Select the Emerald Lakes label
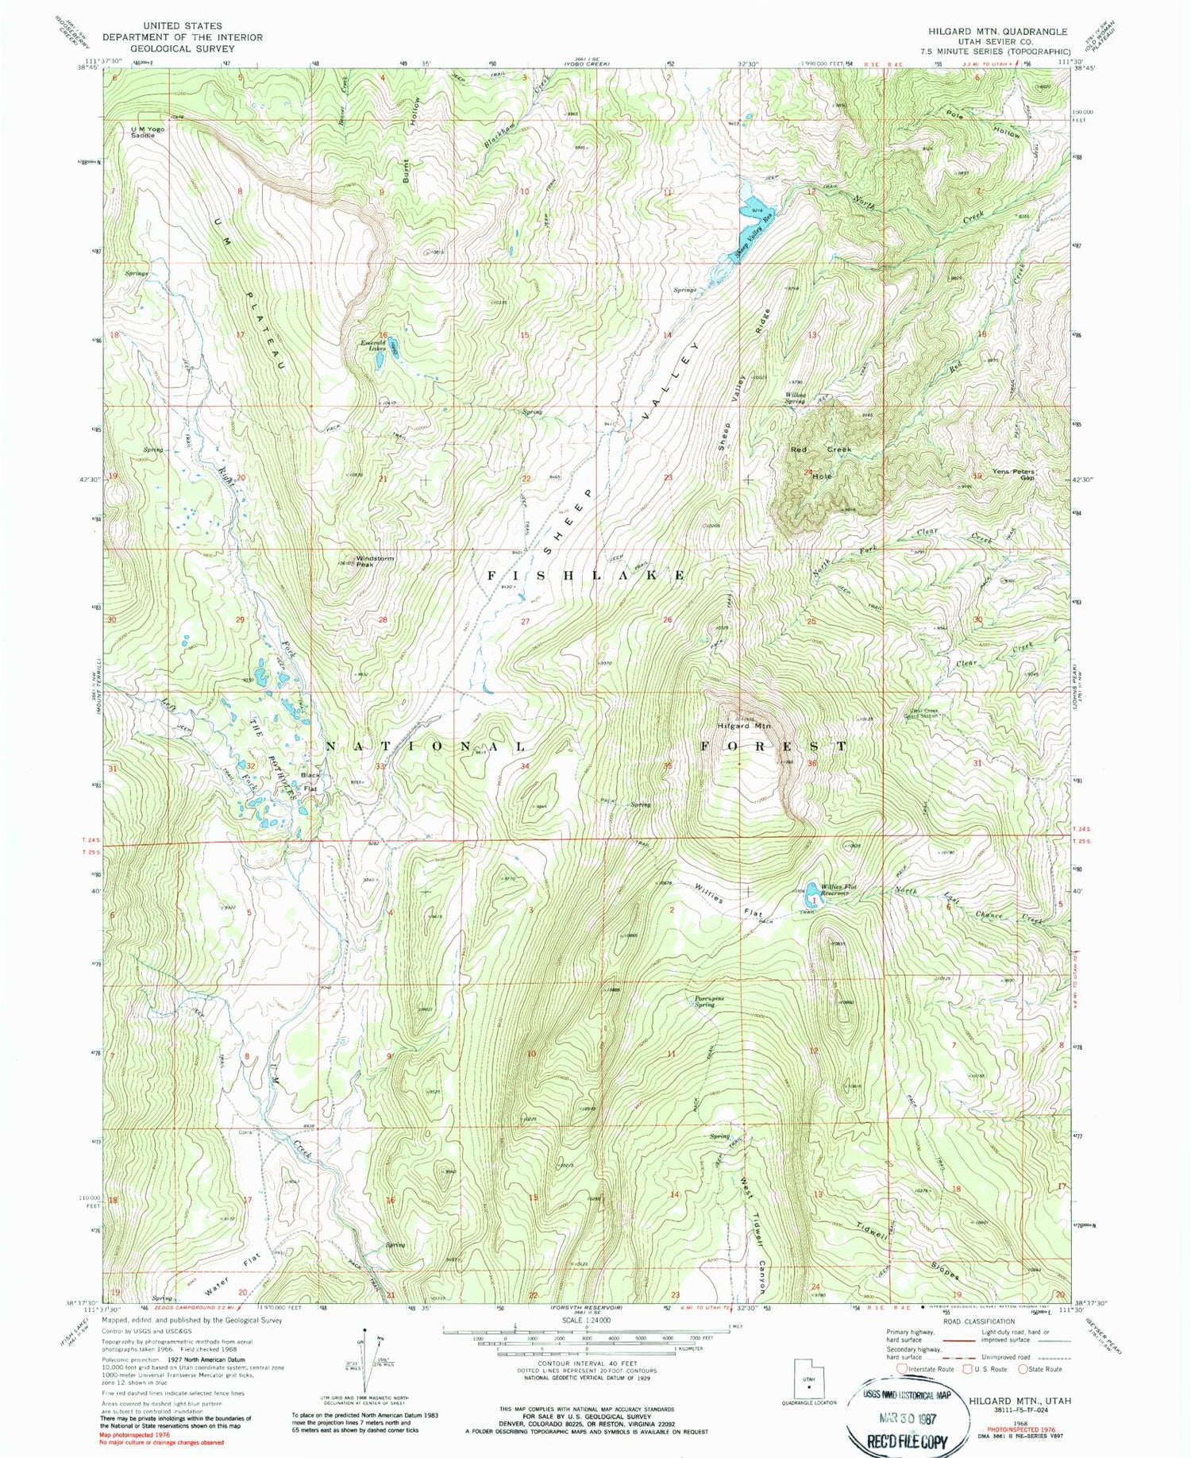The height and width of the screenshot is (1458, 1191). (373, 344)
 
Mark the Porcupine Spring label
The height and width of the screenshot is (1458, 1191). (704, 1001)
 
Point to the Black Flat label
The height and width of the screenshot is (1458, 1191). (309, 781)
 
